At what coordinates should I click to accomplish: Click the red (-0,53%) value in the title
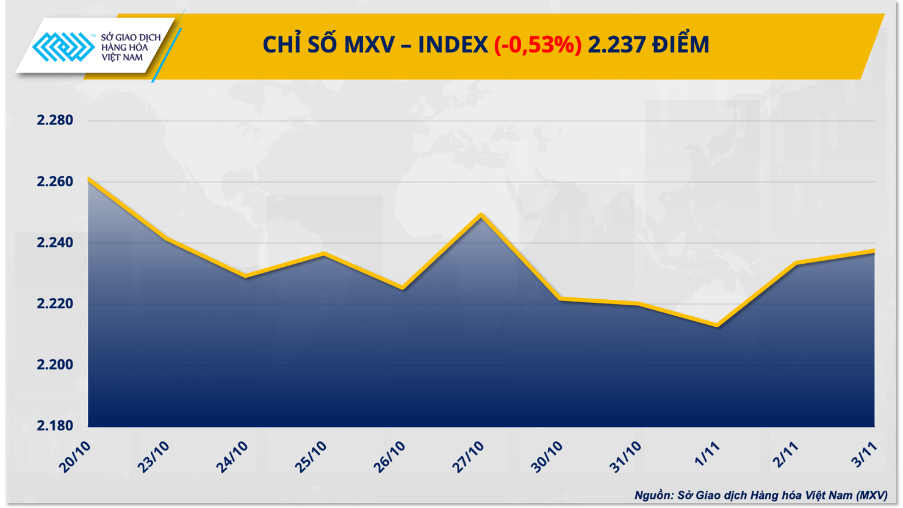(538, 45)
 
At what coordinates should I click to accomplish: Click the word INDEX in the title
(453, 45)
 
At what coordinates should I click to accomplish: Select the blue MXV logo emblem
(63, 47)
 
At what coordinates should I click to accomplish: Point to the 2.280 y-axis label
(55, 120)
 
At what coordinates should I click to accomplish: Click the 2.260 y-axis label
(55, 182)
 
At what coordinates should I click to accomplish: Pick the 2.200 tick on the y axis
(55, 365)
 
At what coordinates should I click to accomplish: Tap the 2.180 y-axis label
(55, 426)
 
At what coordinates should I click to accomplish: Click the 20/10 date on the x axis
(75, 457)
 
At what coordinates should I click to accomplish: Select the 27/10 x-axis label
(468, 457)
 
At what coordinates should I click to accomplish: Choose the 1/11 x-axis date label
(707, 455)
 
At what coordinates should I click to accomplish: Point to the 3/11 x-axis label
(865, 455)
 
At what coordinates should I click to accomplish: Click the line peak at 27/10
(481, 215)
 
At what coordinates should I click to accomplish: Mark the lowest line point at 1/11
(718, 325)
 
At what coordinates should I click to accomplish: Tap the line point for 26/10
(403, 288)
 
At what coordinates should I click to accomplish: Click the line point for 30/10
(560, 299)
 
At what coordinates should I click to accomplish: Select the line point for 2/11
(796, 263)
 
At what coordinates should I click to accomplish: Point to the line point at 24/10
(245, 277)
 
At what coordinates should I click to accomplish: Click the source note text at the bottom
(761, 495)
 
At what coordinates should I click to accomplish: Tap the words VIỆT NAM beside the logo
(122, 57)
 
